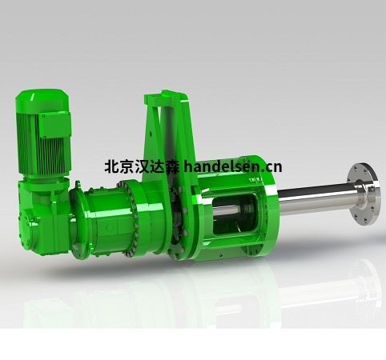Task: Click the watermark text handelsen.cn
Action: (233, 167)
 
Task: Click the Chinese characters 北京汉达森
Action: (142, 167)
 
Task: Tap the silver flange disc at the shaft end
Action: (363, 194)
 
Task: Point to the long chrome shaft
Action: (315, 198)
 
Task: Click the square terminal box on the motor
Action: (55, 126)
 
